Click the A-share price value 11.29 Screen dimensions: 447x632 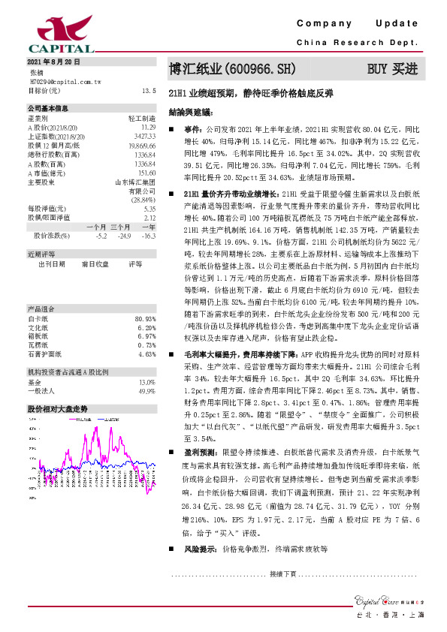(148, 128)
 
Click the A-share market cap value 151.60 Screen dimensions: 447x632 (146, 172)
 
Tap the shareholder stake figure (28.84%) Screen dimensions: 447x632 (142, 200)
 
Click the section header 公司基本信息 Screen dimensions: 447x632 (48, 109)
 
